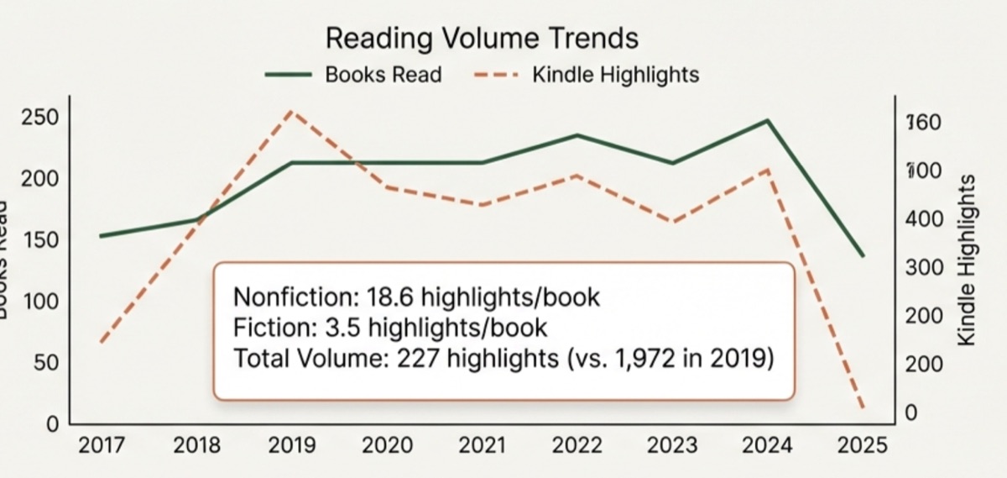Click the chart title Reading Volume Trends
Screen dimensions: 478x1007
click(482, 39)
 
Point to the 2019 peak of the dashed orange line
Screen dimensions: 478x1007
click(290, 110)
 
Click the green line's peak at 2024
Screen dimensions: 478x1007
click(767, 120)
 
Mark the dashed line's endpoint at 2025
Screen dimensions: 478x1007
click(863, 409)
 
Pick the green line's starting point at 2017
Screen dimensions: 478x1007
click(101, 236)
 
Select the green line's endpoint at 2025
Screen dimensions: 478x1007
click(863, 255)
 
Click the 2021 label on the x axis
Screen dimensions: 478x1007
click(481, 446)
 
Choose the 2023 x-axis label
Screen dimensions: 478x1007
click(671, 446)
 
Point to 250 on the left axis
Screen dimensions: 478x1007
click(41, 118)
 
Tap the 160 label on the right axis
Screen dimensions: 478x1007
click(924, 123)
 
